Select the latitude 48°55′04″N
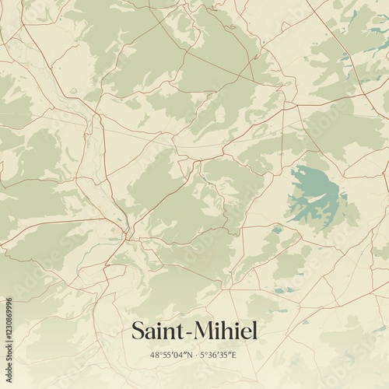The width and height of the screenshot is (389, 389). [x=172, y=355]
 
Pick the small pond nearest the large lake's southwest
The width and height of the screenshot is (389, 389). [x=276, y=230]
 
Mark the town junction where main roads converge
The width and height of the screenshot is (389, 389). [x=124, y=232]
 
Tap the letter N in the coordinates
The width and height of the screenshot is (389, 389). [x=189, y=355]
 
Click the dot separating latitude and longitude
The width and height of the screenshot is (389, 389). [x=196, y=355]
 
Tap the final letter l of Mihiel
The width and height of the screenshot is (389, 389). [x=253, y=331]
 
